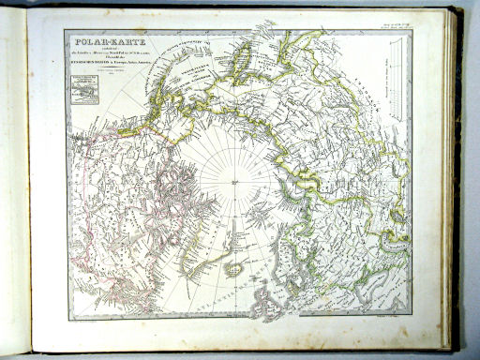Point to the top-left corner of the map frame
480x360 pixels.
(x=64, y=30)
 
